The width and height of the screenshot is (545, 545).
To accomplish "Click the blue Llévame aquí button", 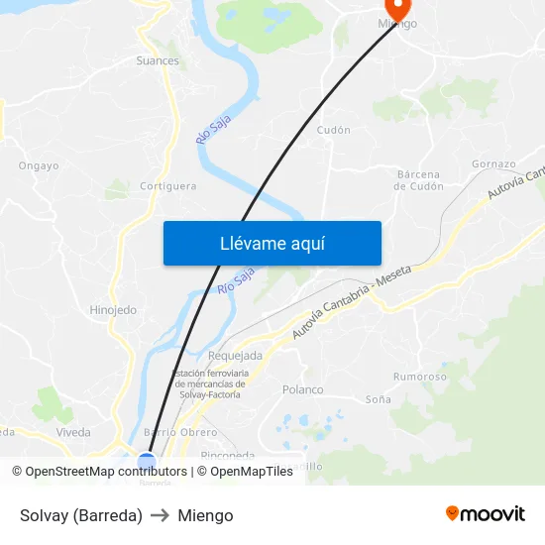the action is (x=272, y=243).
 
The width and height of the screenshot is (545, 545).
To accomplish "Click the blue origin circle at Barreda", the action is (x=147, y=462).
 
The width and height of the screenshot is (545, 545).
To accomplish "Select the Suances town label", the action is (x=158, y=60).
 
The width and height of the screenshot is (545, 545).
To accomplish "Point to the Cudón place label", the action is (x=333, y=130).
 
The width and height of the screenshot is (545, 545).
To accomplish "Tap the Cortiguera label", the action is (x=167, y=185).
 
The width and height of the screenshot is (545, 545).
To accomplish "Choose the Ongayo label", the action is (x=39, y=166).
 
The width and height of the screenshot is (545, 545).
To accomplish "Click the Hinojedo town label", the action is (x=113, y=310).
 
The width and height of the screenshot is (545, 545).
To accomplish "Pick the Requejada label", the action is (x=236, y=356).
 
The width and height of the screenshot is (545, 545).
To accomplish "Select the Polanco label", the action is (x=303, y=389).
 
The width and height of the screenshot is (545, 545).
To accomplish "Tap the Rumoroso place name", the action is (x=419, y=377).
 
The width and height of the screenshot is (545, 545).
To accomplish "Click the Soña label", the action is (x=379, y=399).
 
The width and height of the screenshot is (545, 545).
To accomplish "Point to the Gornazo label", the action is (x=493, y=163).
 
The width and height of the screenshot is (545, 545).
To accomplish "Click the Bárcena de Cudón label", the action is (x=419, y=179).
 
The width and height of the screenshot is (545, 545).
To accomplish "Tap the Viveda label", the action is (x=73, y=432).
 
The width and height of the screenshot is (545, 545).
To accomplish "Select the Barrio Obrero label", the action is (x=180, y=432).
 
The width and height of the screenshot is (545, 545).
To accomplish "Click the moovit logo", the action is (x=485, y=514).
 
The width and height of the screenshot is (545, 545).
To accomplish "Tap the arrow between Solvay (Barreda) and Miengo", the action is (x=160, y=515).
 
